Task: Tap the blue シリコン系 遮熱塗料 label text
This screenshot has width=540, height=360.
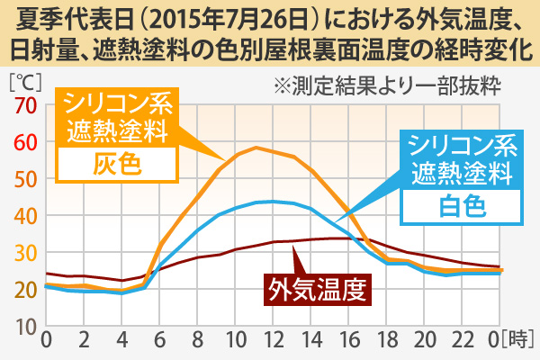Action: point(462,157)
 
